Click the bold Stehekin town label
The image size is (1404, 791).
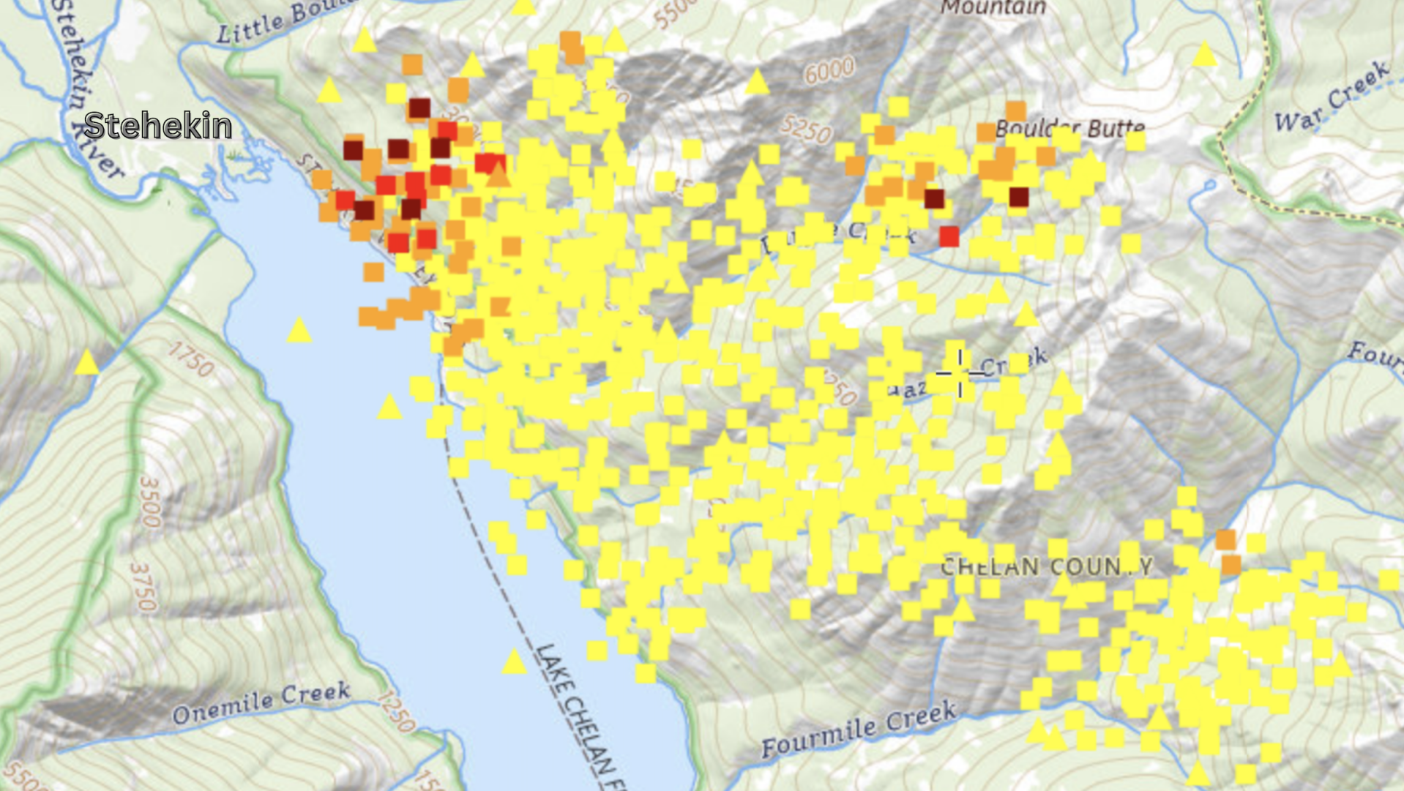158,126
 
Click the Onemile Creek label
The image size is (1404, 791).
261,702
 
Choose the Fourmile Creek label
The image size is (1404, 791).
859,727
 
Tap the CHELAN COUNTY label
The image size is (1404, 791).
1047,566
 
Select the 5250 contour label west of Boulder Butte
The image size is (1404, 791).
806,130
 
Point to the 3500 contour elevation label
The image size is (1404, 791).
149,501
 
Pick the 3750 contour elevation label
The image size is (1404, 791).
144,587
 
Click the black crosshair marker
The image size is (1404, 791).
960,373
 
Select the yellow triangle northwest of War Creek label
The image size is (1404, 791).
1204,55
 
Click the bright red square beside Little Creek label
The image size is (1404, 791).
949,236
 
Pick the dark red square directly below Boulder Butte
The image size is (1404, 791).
1018,197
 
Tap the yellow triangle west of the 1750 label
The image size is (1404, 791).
87,362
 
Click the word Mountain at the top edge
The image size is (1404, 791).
993,8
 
